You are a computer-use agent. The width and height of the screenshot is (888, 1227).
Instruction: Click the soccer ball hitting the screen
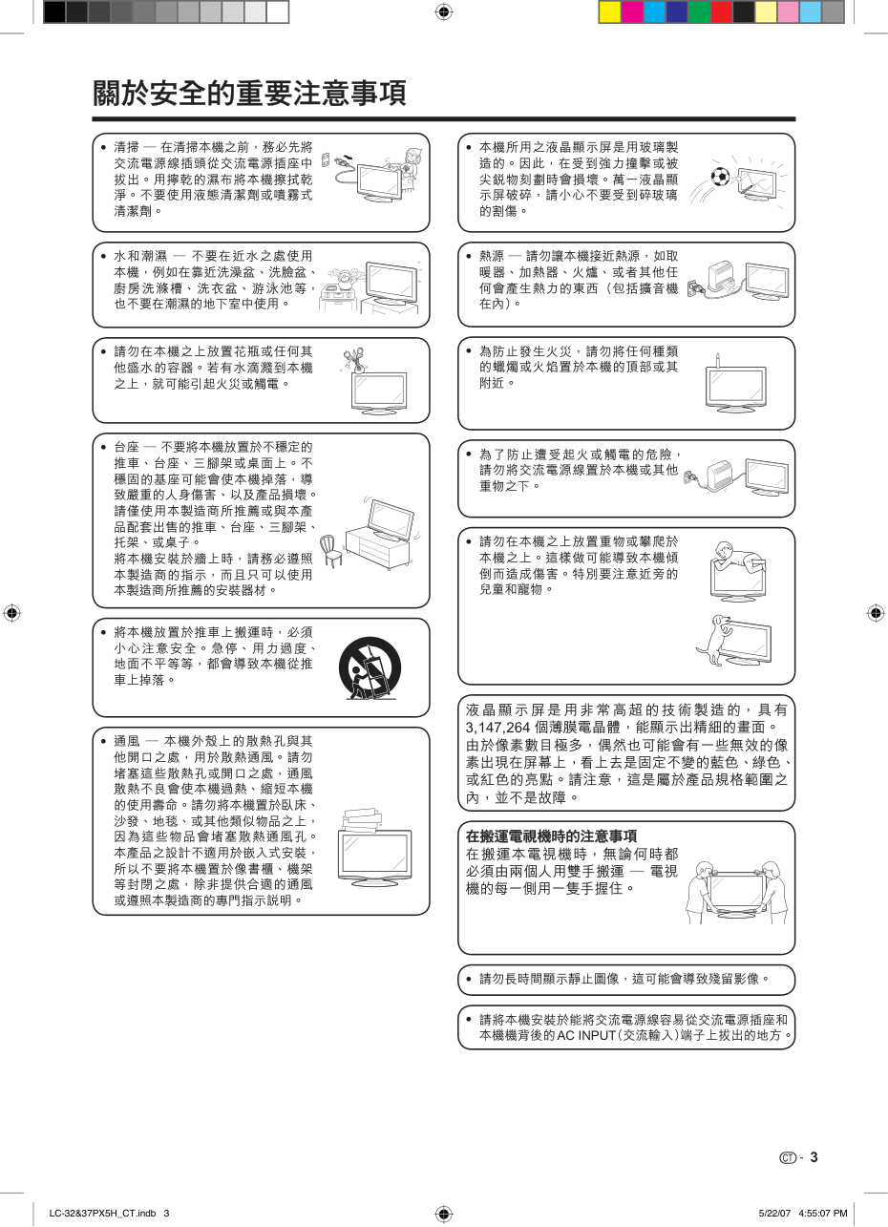[720, 177]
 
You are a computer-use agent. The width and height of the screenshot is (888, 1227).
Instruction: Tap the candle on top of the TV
[718, 360]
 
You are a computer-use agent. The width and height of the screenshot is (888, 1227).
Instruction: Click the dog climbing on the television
[714, 639]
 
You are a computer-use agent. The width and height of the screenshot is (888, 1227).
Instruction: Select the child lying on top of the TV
[737, 557]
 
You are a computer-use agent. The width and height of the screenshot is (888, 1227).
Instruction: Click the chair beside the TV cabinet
[331, 551]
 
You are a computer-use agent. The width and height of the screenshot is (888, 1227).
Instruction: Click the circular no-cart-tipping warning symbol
[370, 668]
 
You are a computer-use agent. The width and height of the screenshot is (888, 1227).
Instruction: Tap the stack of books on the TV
[363, 819]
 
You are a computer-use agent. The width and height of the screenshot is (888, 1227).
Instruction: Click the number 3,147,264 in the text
[498, 728]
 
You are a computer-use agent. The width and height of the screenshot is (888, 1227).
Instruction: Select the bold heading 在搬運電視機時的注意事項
[551, 836]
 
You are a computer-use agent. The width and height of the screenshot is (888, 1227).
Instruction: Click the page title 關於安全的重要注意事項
[249, 93]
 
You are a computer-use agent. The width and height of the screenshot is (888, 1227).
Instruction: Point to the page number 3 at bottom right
[814, 1157]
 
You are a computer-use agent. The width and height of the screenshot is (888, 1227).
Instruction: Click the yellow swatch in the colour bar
[610, 12]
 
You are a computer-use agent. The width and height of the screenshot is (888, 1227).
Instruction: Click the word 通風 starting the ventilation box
[127, 741]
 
